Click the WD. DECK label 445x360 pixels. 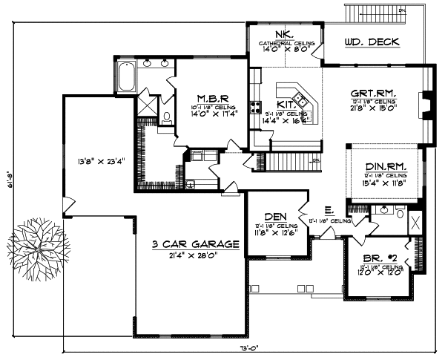372,42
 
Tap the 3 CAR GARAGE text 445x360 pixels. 195,243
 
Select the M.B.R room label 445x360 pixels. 211,97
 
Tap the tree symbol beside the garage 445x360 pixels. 36,248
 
